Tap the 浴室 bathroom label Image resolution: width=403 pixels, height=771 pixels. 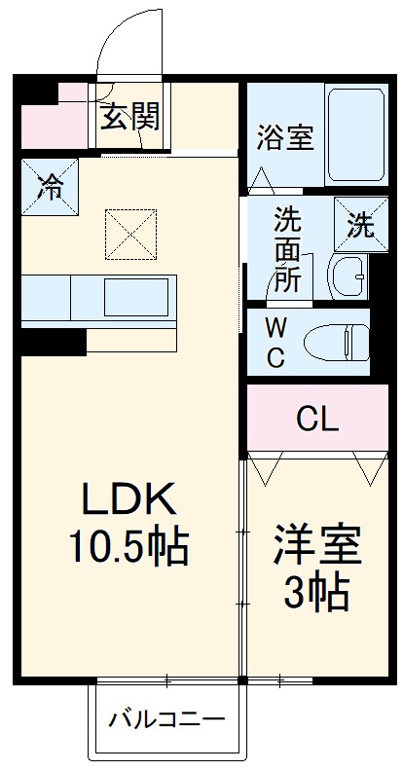tap(285, 137)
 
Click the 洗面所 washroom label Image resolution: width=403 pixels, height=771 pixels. tap(286, 247)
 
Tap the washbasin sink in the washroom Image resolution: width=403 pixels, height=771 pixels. tap(348, 277)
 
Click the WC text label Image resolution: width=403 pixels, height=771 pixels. tap(275, 342)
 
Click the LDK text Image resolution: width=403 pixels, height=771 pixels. tap(128, 501)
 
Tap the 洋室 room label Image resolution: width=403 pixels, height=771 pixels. tap(317, 544)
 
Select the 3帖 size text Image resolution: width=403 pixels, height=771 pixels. tap(317, 591)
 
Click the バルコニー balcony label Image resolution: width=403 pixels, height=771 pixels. tap(166, 721)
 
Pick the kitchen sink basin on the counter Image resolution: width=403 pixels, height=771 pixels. tap(137, 293)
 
